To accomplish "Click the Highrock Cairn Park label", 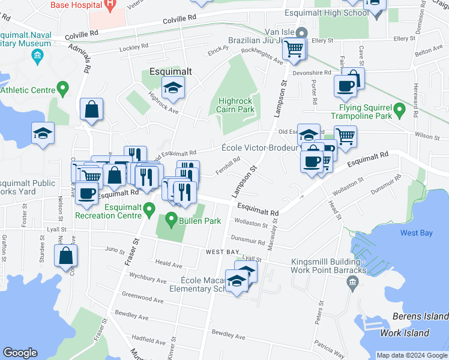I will pyautogui.click(x=236, y=105).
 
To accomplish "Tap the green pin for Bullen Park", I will pyautogui.click(x=172, y=218).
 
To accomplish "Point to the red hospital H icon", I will pyautogui.click(x=109, y=5).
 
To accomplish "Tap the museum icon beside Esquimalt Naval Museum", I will pyautogui.click(x=37, y=58).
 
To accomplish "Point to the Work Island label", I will pyautogui.click(x=405, y=333).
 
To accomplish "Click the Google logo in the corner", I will pyautogui.click(x=20, y=353).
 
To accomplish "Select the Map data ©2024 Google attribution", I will pyautogui.click(x=412, y=355).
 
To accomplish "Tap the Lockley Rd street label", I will pyautogui.click(x=133, y=48).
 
